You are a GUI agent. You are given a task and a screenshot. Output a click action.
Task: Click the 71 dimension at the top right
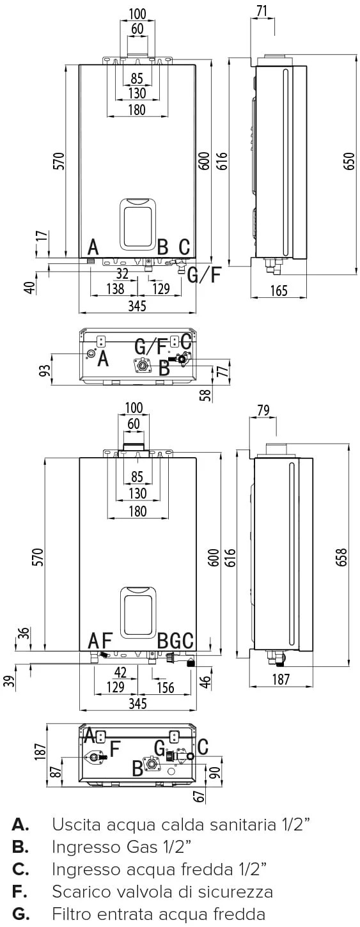pos(262,11)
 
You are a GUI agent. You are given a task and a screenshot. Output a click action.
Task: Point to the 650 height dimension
pos(350,161)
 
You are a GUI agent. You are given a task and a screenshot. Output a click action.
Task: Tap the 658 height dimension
pos(342,557)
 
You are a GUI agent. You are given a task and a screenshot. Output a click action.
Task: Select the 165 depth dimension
pos(279,290)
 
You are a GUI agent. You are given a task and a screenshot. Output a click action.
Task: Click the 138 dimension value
pos(115,288)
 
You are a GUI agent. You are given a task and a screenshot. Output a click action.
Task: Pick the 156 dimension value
pos(165,687)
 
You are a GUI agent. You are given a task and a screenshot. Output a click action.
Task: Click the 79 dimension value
pos(263,410)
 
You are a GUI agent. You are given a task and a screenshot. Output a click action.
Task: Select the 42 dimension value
pos(120,673)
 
